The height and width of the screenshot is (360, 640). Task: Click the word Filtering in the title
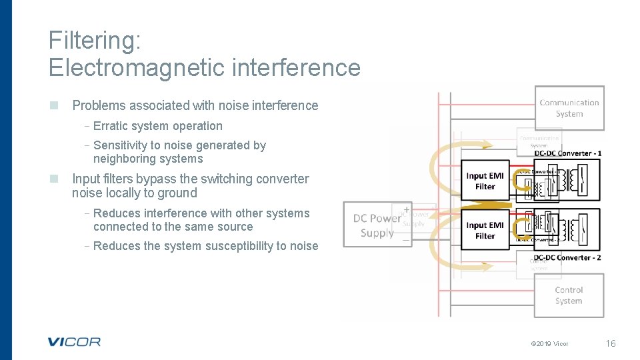coord(94,41)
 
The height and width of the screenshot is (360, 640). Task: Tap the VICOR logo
coord(74,342)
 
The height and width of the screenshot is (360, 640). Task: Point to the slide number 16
coord(610,343)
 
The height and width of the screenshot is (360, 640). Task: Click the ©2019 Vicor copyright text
coord(549,344)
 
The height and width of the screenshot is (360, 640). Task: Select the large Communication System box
coord(569,108)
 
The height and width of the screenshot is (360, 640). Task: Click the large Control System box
coord(569,295)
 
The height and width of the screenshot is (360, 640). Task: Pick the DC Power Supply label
coord(377,225)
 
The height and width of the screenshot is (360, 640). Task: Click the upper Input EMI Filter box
coord(485,181)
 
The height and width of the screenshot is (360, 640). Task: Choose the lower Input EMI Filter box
coord(485,231)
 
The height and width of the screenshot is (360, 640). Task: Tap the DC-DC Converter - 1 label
coord(568,153)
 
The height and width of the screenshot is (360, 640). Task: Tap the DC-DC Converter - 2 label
coord(568,257)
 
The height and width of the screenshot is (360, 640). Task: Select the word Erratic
coord(111,126)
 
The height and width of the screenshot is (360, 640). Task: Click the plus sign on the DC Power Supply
coord(406,209)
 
